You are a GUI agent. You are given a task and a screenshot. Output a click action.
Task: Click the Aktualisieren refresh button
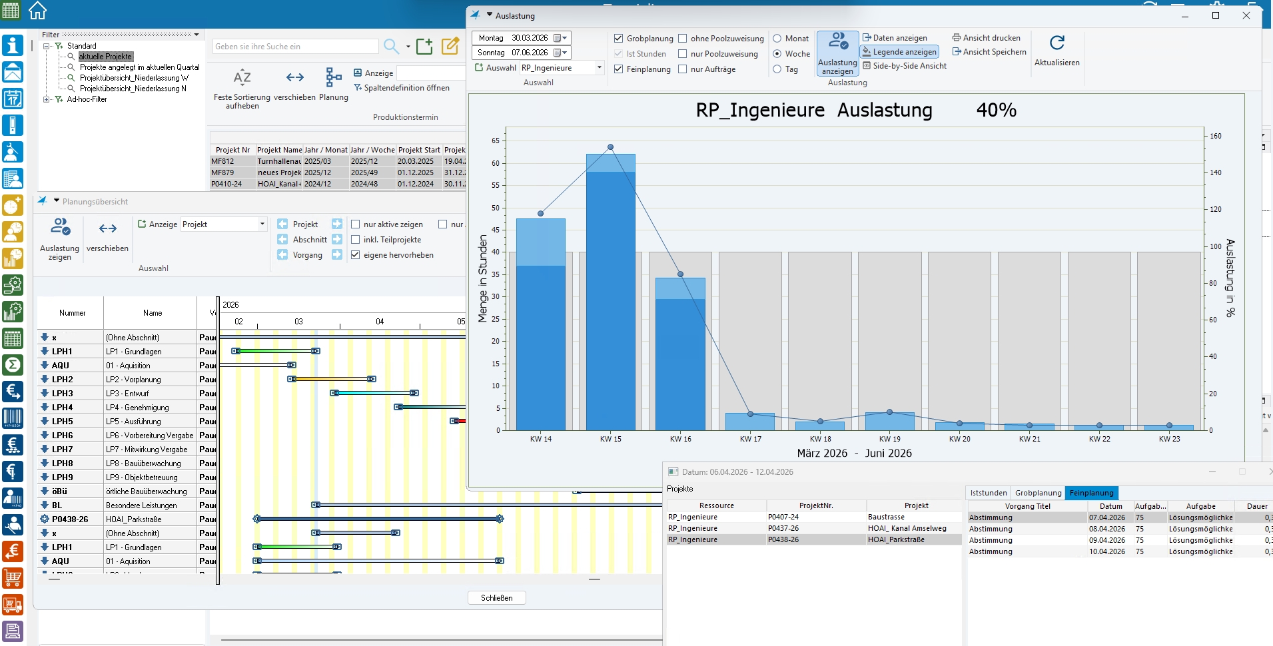point(1057,50)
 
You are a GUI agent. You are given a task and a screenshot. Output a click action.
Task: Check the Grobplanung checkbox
point(619,39)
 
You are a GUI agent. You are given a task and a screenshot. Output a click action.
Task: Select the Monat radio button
point(777,39)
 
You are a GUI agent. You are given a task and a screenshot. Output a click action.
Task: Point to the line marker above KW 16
point(680,274)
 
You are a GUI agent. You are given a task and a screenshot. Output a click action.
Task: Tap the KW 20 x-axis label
point(959,439)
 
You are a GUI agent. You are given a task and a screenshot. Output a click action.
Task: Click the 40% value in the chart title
point(996,111)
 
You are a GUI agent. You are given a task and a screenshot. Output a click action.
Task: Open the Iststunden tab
point(989,493)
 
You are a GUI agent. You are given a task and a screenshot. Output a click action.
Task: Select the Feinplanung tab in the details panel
point(1091,493)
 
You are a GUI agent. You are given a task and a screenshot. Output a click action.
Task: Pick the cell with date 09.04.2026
point(1107,540)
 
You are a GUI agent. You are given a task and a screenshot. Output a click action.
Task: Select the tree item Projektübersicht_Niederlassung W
point(134,78)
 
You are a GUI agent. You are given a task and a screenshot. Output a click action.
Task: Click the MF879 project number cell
point(222,172)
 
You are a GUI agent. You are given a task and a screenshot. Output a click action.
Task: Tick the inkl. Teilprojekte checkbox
point(356,240)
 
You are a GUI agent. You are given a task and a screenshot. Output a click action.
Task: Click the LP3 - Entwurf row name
point(127,394)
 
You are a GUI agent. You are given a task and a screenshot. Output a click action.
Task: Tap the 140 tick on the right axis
point(1216,172)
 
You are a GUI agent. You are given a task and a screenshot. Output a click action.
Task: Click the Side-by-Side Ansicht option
point(909,66)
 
